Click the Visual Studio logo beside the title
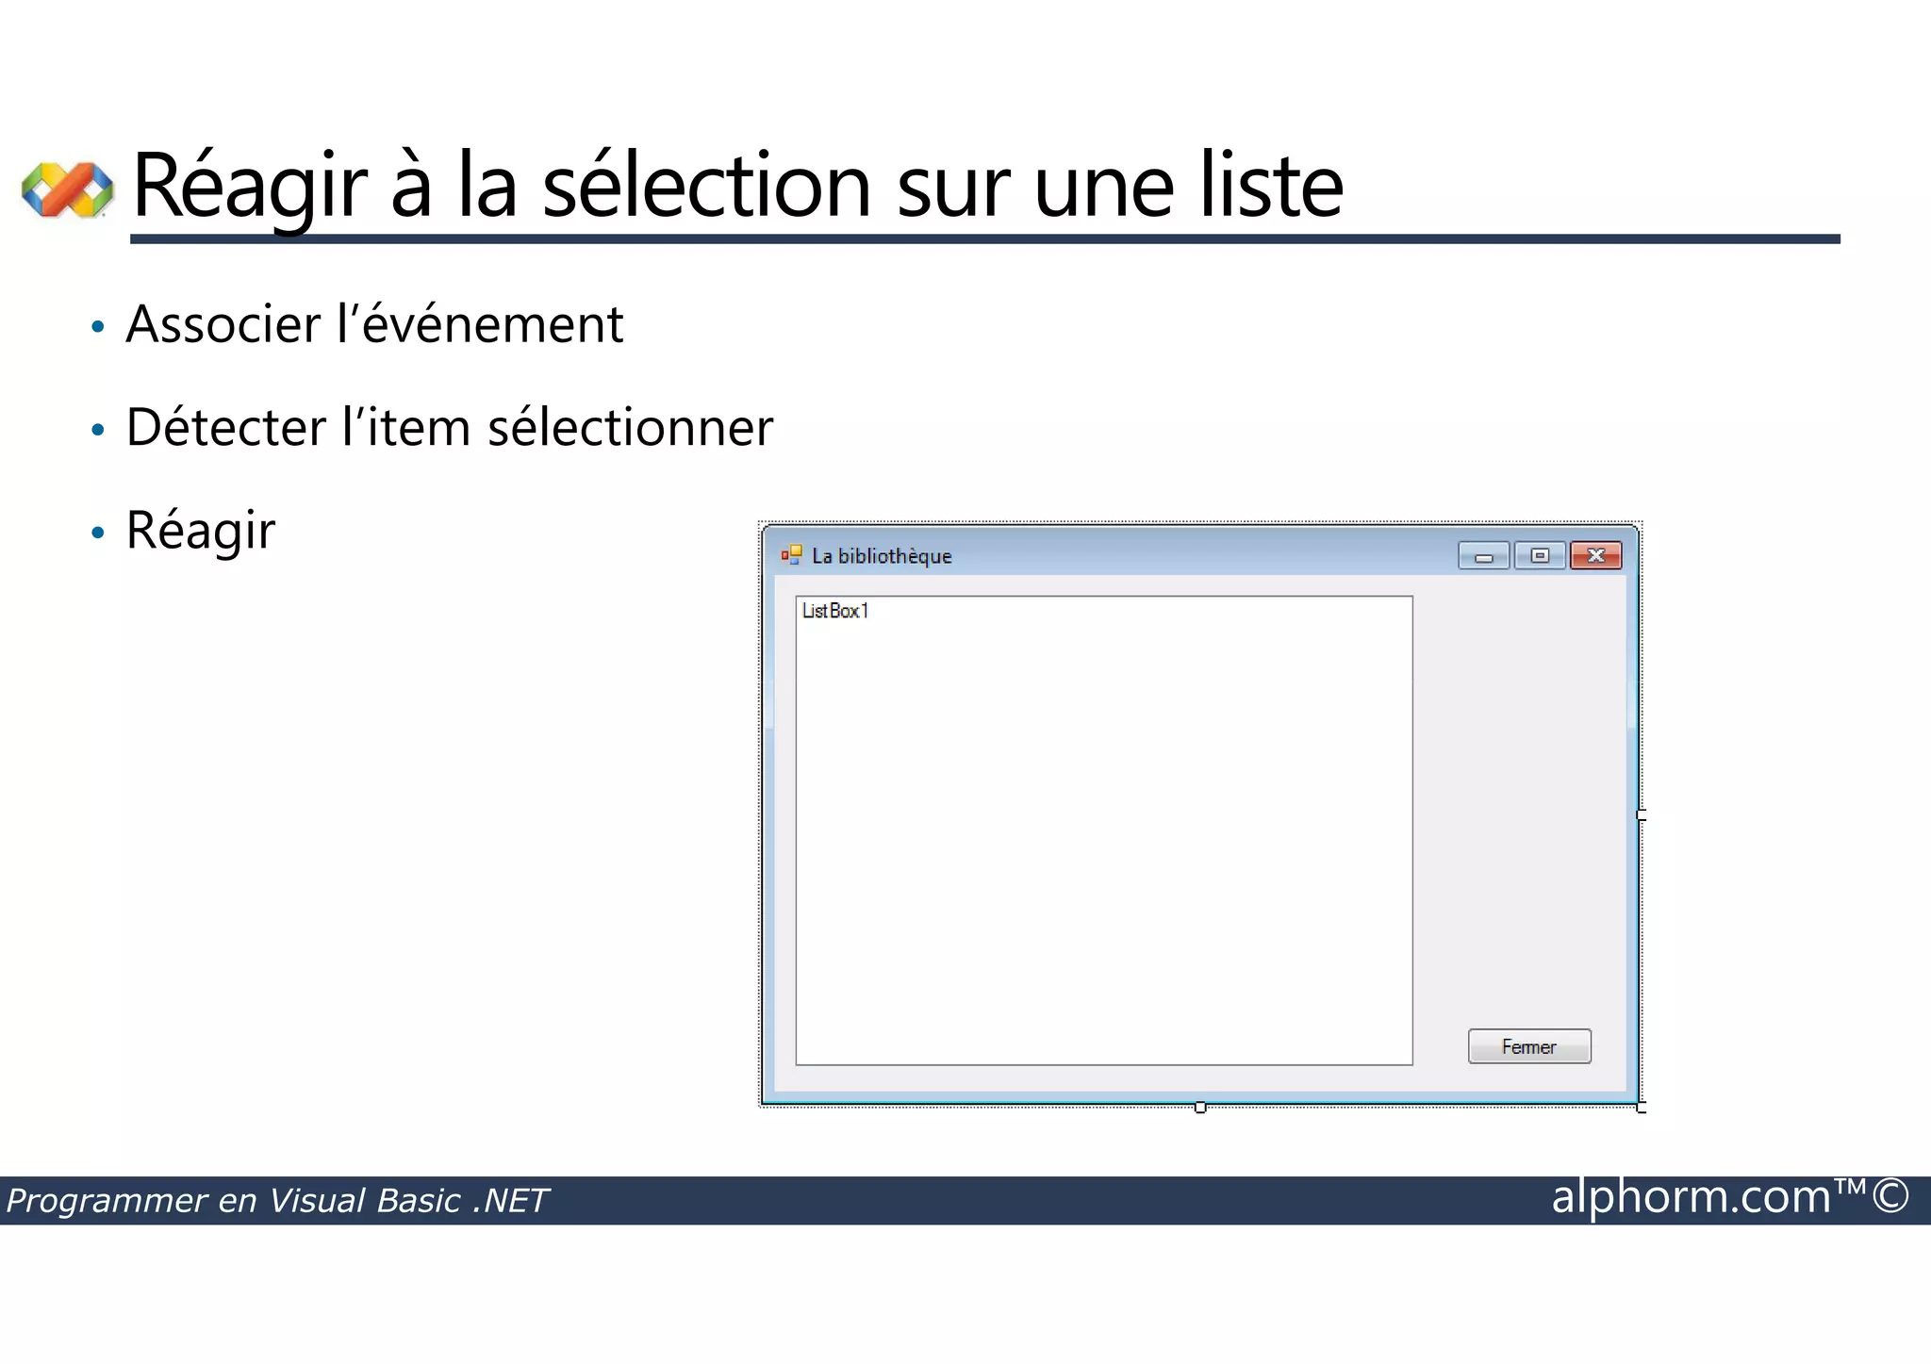point(68,189)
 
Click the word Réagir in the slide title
point(249,187)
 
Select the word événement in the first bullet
point(492,325)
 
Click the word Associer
point(223,325)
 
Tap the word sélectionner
point(630,428)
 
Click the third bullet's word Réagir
point(201,531)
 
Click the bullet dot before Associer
point(98,328)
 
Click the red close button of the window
point(1595,555)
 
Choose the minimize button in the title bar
point(1483,555)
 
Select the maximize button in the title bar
point(1540,555)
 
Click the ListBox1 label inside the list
point(834,611)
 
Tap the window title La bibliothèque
point(882,556)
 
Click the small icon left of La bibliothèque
point(791,555)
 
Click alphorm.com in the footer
point(1691,1197)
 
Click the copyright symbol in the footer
point(1890,1197)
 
